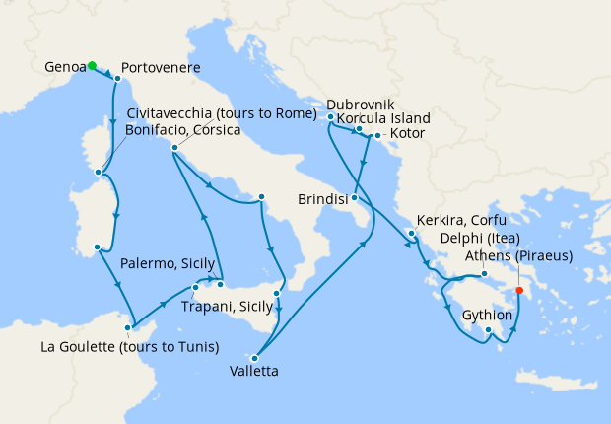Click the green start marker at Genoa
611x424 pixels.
92,66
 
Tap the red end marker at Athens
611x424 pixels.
519,290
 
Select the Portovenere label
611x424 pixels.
163,68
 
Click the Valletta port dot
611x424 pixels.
255,358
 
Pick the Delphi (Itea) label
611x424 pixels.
459,238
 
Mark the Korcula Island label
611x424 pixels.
383,118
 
